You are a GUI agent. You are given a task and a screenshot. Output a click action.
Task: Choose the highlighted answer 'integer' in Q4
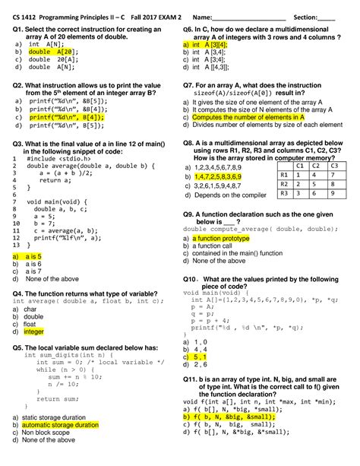[x=34, y=331]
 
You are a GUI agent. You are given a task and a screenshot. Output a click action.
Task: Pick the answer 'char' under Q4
[x=30, y=309]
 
